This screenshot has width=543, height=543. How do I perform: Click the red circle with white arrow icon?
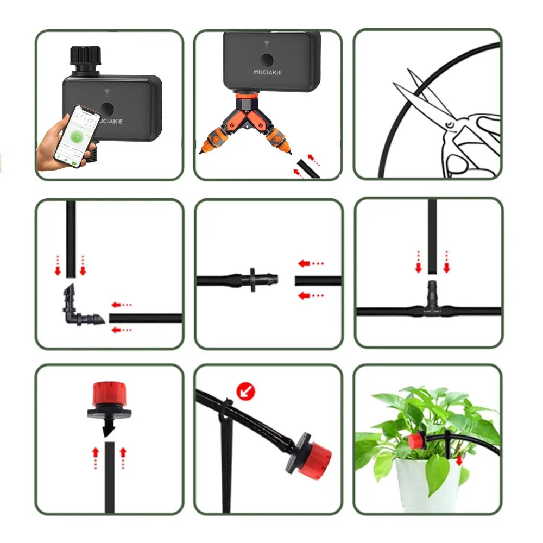coord(246,390)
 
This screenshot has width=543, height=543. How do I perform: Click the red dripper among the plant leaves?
coord(416,439)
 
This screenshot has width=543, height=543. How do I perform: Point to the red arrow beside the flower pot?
coord(460,460)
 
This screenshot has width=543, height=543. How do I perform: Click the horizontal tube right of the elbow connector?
coord(145,318)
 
